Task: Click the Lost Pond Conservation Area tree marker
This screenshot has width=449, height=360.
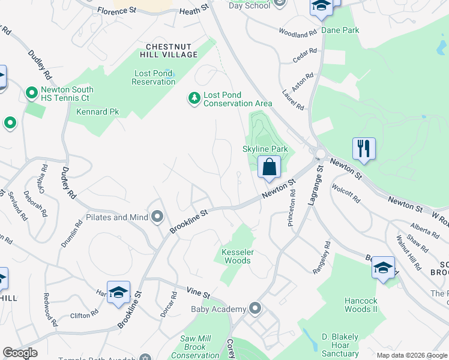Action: (x=194, y=98)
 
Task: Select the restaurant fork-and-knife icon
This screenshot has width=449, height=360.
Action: (x=364, y=148)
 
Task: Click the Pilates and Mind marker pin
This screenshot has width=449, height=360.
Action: (x=158, y=217)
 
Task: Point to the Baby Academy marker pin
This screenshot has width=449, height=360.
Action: (x=256, y=309)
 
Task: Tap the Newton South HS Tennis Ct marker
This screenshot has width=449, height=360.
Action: (x=31, y=94)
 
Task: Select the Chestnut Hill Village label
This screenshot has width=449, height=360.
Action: (x=172, y=50)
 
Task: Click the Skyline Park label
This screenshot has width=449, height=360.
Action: (x=265, y=149)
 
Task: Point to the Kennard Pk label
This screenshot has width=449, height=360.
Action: (x=98, y=112)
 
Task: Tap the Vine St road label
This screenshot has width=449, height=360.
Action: (x=197, y=294)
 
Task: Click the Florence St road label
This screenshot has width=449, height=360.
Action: (x=117, y=11)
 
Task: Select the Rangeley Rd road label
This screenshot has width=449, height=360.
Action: (x=321, y=258)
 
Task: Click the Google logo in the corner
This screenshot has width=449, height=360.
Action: (x=20, y=353)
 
